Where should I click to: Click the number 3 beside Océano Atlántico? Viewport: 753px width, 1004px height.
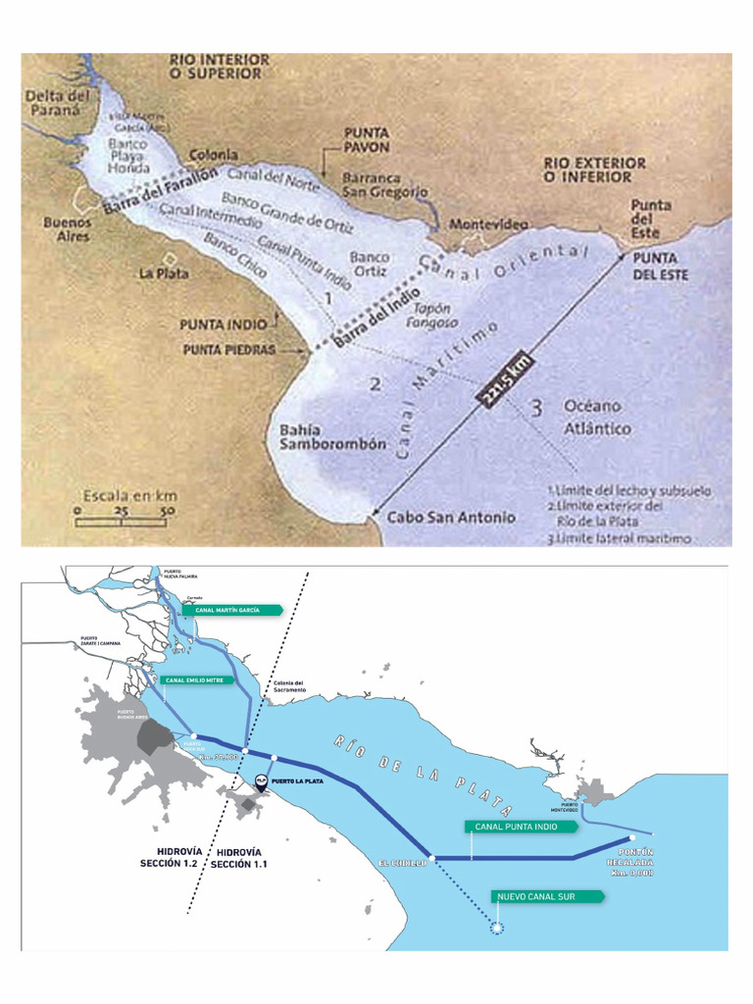point(536,409)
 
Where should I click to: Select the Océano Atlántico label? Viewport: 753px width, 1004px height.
point(597,417)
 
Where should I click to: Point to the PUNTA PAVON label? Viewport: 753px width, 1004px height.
point(367,139)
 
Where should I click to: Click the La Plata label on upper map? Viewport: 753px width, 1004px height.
point(163,274)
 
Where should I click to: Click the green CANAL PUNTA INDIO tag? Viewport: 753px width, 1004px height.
point(516,827)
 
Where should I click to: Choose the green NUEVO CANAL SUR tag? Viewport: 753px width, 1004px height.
point(533,896)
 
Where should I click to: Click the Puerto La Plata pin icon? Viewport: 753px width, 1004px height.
point(261,781)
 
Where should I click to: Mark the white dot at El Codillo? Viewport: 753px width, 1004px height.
point(431,858)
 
